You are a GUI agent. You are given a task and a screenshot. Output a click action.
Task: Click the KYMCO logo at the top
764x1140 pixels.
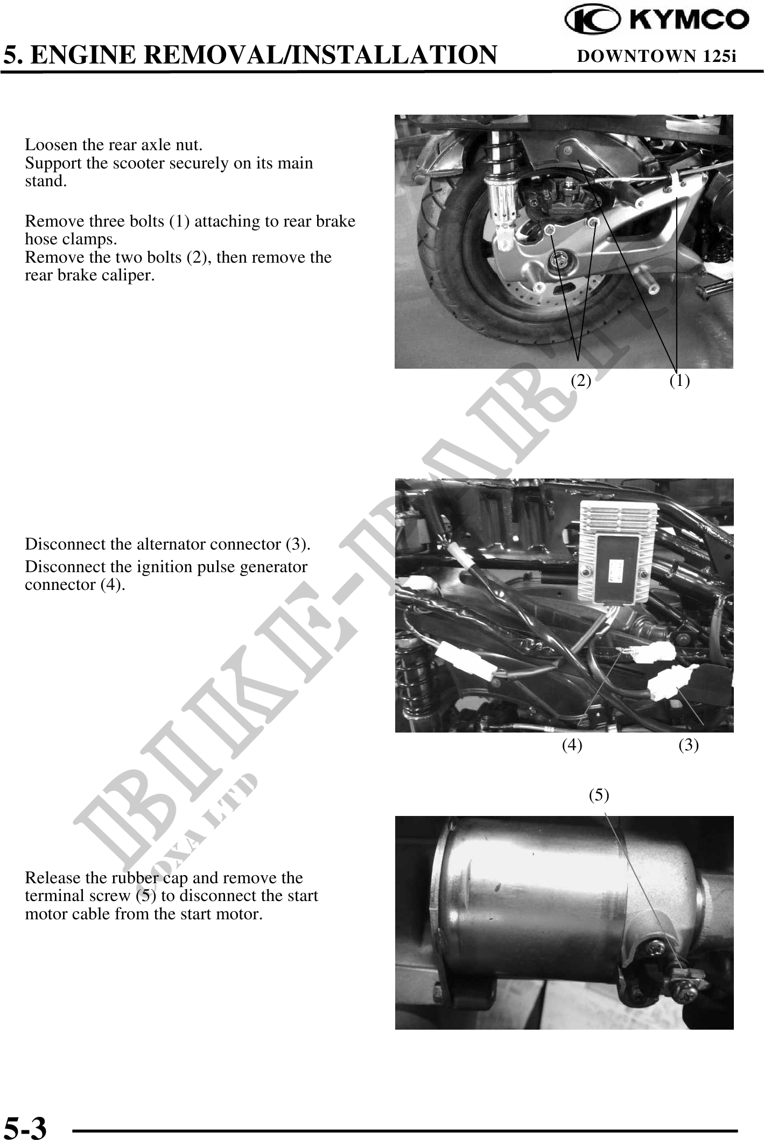pyautogui.click(x=657, y=20)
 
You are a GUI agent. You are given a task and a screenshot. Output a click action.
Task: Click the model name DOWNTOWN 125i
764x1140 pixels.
pyautogui.click(x=656, y=56)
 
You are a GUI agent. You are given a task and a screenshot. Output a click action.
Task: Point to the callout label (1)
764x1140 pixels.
pyautogui.click(x=679, y=381)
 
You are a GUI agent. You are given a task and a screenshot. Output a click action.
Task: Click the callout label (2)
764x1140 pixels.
pyautogui.click(x=581, y=381)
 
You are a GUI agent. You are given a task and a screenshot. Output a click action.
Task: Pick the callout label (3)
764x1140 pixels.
pyautogui.click(x=689, y=745)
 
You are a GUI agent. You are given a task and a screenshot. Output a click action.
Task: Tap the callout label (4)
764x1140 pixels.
pyautogui.click(x=572, y=745)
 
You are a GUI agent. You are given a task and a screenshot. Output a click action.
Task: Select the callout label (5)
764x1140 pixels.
pyautogui.click(x=599, y=794)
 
